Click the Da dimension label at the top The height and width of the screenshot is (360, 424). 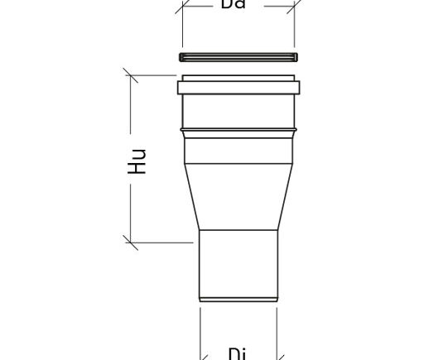pos(234,4)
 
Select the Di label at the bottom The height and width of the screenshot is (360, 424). pos(237,353)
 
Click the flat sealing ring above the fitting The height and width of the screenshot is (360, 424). pos(238,57)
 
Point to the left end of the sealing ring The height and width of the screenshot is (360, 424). pos(181,57)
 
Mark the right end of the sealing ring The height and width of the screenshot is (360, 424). pos(294,57)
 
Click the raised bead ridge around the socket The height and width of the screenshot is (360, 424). pos(238,130)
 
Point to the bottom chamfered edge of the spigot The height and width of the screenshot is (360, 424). pos(238,299)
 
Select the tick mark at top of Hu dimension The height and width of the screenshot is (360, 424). pos(130,75)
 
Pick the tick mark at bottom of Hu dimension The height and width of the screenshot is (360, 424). pos(130,242)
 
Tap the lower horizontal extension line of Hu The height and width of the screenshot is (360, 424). pos(166,242)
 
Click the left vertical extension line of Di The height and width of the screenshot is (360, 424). pos(200,331)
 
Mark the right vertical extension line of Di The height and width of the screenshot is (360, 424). pos(276,331)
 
